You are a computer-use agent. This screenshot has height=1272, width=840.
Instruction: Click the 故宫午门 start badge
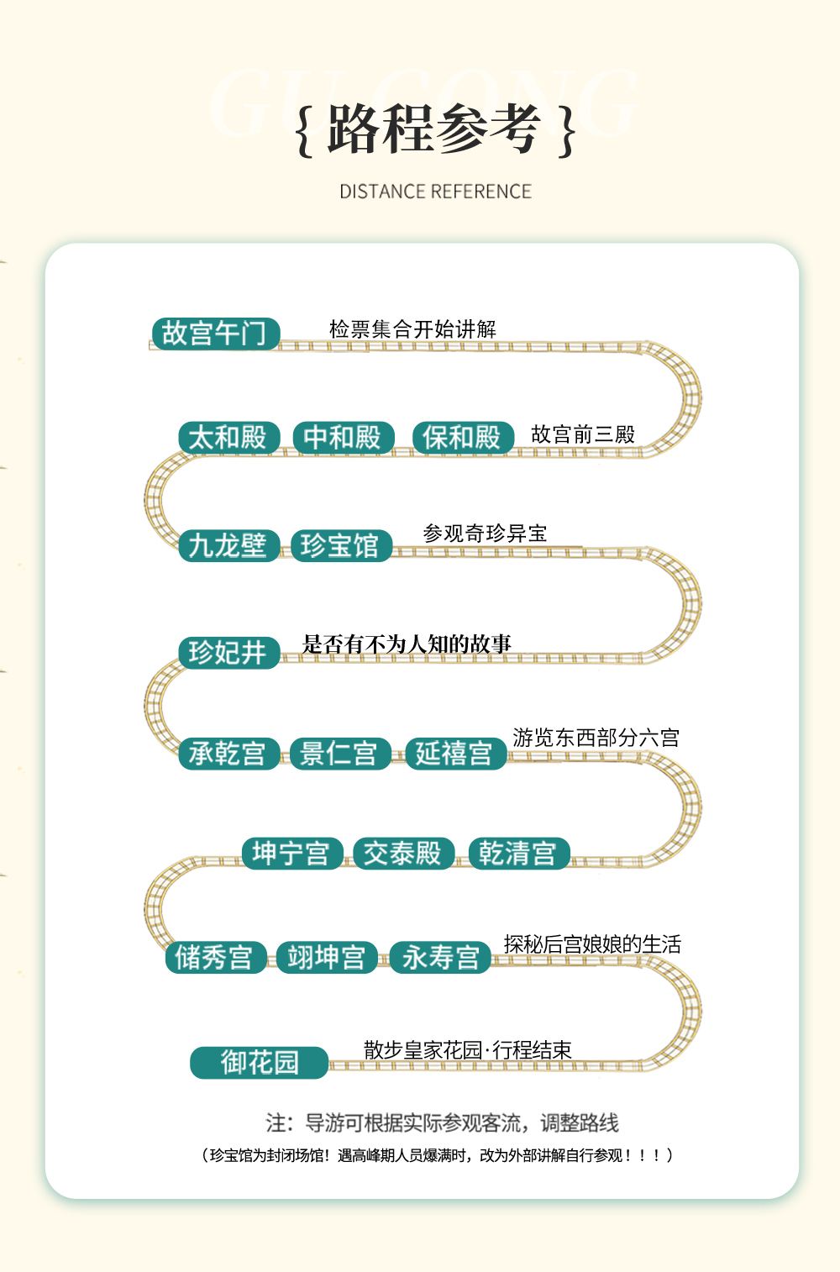point(216,334)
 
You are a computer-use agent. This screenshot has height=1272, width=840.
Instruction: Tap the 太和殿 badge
point(229,437)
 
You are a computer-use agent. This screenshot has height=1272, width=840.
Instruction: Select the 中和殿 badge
point(344,437)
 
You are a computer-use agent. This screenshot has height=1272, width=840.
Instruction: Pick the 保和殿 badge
point(463,437)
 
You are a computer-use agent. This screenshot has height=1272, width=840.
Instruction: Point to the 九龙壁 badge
point(229,546)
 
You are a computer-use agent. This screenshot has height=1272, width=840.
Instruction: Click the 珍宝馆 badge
point(342,546)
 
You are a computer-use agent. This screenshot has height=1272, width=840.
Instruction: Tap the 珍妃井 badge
point(229,653)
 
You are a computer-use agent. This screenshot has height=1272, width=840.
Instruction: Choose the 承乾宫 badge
point(229,754)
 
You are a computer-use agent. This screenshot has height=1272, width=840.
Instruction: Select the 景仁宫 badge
point(340,754)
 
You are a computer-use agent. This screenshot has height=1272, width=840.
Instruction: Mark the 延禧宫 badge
point(456,754)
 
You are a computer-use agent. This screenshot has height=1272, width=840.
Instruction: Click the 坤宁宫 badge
point(293,853)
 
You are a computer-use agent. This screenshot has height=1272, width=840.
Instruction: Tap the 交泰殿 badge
point(404,853)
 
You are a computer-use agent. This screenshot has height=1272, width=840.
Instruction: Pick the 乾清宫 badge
point(519,853)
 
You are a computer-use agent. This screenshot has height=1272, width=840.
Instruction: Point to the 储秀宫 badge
point(216,958)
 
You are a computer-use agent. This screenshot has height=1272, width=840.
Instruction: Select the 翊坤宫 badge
point(328,958)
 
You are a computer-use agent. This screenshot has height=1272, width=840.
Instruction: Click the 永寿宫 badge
point(440,958)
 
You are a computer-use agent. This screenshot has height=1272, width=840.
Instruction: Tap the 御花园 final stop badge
point(260,1063)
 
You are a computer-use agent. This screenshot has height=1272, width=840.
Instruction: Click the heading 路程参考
point(434,129)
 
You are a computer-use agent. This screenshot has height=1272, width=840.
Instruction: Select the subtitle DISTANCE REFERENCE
point(435,192)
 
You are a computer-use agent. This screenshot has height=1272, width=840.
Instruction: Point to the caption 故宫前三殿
point(583,434)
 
